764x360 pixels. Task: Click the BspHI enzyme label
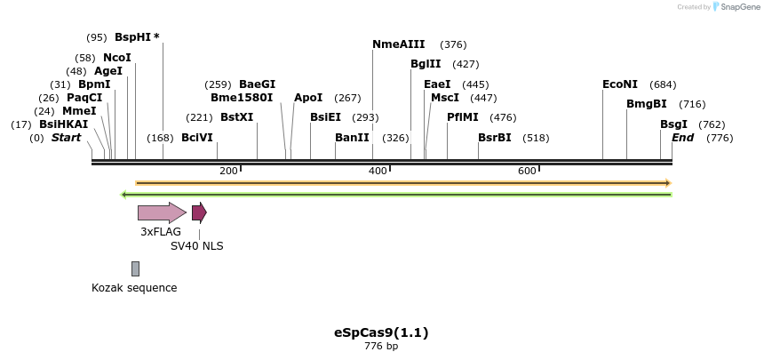134,37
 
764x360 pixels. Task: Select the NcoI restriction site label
117,58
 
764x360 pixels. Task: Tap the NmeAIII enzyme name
399,44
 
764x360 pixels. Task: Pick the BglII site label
426,64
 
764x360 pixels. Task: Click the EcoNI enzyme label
620,84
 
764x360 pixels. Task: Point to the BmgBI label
647,104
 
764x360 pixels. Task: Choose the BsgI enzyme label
673,124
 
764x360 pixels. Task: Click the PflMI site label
463,117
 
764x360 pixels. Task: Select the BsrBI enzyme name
495,138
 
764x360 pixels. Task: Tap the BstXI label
236,117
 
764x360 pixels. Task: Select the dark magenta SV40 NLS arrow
199,212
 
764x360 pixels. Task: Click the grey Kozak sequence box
135,268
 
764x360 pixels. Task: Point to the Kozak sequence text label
134,288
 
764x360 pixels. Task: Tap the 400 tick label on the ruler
378,171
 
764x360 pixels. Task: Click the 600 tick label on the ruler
527,171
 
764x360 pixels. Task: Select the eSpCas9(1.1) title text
381,332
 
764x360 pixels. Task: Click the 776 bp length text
381,347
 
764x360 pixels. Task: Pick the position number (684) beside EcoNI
663,84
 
